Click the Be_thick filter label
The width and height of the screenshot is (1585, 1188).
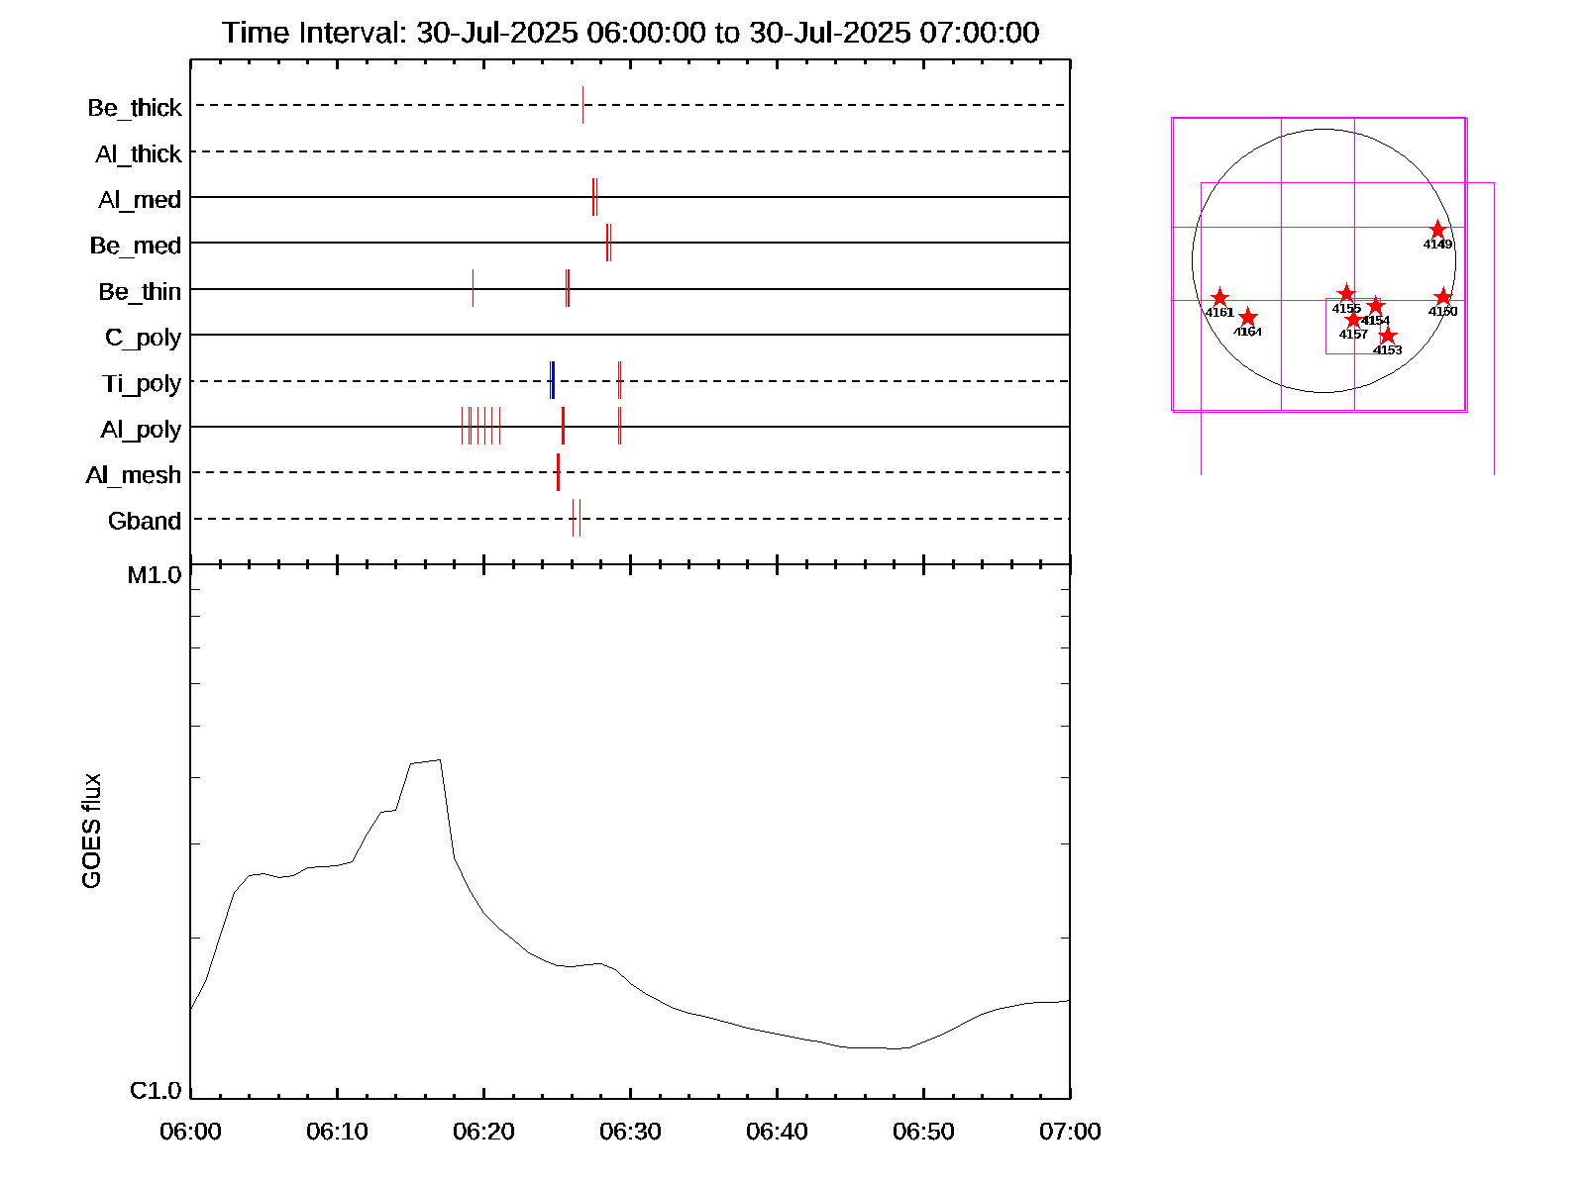[135, 108]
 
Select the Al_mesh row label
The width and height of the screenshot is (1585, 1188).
[134, 475]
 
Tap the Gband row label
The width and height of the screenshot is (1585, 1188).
[145, 521]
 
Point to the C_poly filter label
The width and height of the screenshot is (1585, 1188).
[143, 338]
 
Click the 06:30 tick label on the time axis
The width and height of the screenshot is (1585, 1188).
[630, 1132]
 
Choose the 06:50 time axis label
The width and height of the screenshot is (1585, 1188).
[923, 1132]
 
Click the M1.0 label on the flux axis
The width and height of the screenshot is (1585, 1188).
[155, 575]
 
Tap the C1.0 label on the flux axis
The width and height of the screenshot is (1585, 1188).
[156, 1091]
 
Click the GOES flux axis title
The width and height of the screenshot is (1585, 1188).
[91, 832]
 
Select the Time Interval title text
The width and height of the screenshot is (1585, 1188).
[630, 33]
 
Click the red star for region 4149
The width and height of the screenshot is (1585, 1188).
[1437, 230]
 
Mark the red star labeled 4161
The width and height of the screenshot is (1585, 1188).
[1219, 298]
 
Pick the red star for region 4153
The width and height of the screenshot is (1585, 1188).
[1387, 336]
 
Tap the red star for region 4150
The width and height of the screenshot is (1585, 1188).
[1442, 297]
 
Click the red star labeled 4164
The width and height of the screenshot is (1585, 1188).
[1248, 317]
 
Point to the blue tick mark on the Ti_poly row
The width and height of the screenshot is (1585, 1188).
[552, 381]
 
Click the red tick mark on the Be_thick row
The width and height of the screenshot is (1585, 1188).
[582, 105]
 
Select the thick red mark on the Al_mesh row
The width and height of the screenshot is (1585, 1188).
[558, 472]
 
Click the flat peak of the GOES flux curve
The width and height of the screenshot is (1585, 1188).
[425, 761]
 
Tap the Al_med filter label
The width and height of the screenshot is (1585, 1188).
[140, 200]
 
